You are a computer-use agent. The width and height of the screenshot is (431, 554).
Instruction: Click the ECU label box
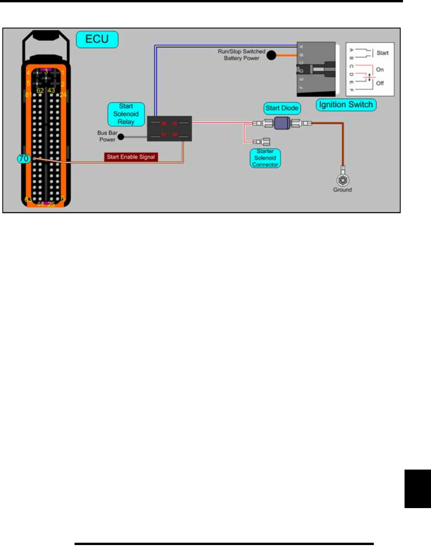(x=97, y=39)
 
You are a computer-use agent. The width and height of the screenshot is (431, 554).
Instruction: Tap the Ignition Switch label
(x=346, y=105)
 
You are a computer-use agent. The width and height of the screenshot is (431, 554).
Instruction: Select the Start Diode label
(x=282, y=108)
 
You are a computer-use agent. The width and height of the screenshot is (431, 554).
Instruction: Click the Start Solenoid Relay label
(x=126, y=114)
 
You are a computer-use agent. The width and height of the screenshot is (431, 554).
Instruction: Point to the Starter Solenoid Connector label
(x=265, y=158)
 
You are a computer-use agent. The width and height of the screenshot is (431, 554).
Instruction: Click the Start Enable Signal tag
(x=131, y=157)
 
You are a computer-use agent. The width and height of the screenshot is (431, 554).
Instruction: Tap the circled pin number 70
(x=24, y=158)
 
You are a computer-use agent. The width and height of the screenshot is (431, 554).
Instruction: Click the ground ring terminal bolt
(x=343, y=180)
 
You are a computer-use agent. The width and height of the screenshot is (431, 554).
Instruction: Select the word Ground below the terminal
(x=342, y=190)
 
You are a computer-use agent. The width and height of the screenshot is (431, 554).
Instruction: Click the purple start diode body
(x=282, y=123)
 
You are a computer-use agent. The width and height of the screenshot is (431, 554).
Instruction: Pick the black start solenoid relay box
(x=169, y=128)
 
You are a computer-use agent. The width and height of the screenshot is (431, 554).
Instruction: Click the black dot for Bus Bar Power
(x=121, y=137)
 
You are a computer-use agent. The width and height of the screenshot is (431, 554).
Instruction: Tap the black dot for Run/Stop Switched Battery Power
(x=272, y=55)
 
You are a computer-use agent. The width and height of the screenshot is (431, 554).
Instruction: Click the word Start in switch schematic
(x=382, y=53)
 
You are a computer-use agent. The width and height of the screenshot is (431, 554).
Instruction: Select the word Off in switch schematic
(x=380, y=83)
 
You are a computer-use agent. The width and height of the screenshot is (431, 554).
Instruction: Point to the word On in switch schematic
(x=380, y=70)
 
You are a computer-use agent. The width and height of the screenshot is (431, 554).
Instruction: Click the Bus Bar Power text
(x=107, y=136)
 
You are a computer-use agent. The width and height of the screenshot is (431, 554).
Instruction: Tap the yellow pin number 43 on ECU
(x=51, y=90)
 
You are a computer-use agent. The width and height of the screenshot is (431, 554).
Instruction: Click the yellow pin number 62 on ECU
(x=40, y=90)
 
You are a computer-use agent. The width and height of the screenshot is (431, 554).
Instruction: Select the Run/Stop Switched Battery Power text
(x=242, y=55)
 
